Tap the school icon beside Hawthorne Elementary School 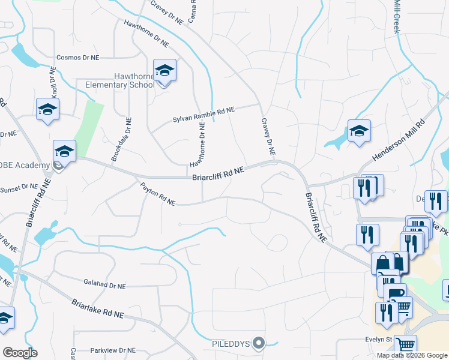coord(164,71)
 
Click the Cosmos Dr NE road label coord(77,58)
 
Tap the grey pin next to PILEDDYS coord(259,343)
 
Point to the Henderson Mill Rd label coord(398,140)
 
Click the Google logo coord(20,353)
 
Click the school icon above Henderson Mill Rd coord(358,131)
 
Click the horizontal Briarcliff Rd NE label coord(218,173)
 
